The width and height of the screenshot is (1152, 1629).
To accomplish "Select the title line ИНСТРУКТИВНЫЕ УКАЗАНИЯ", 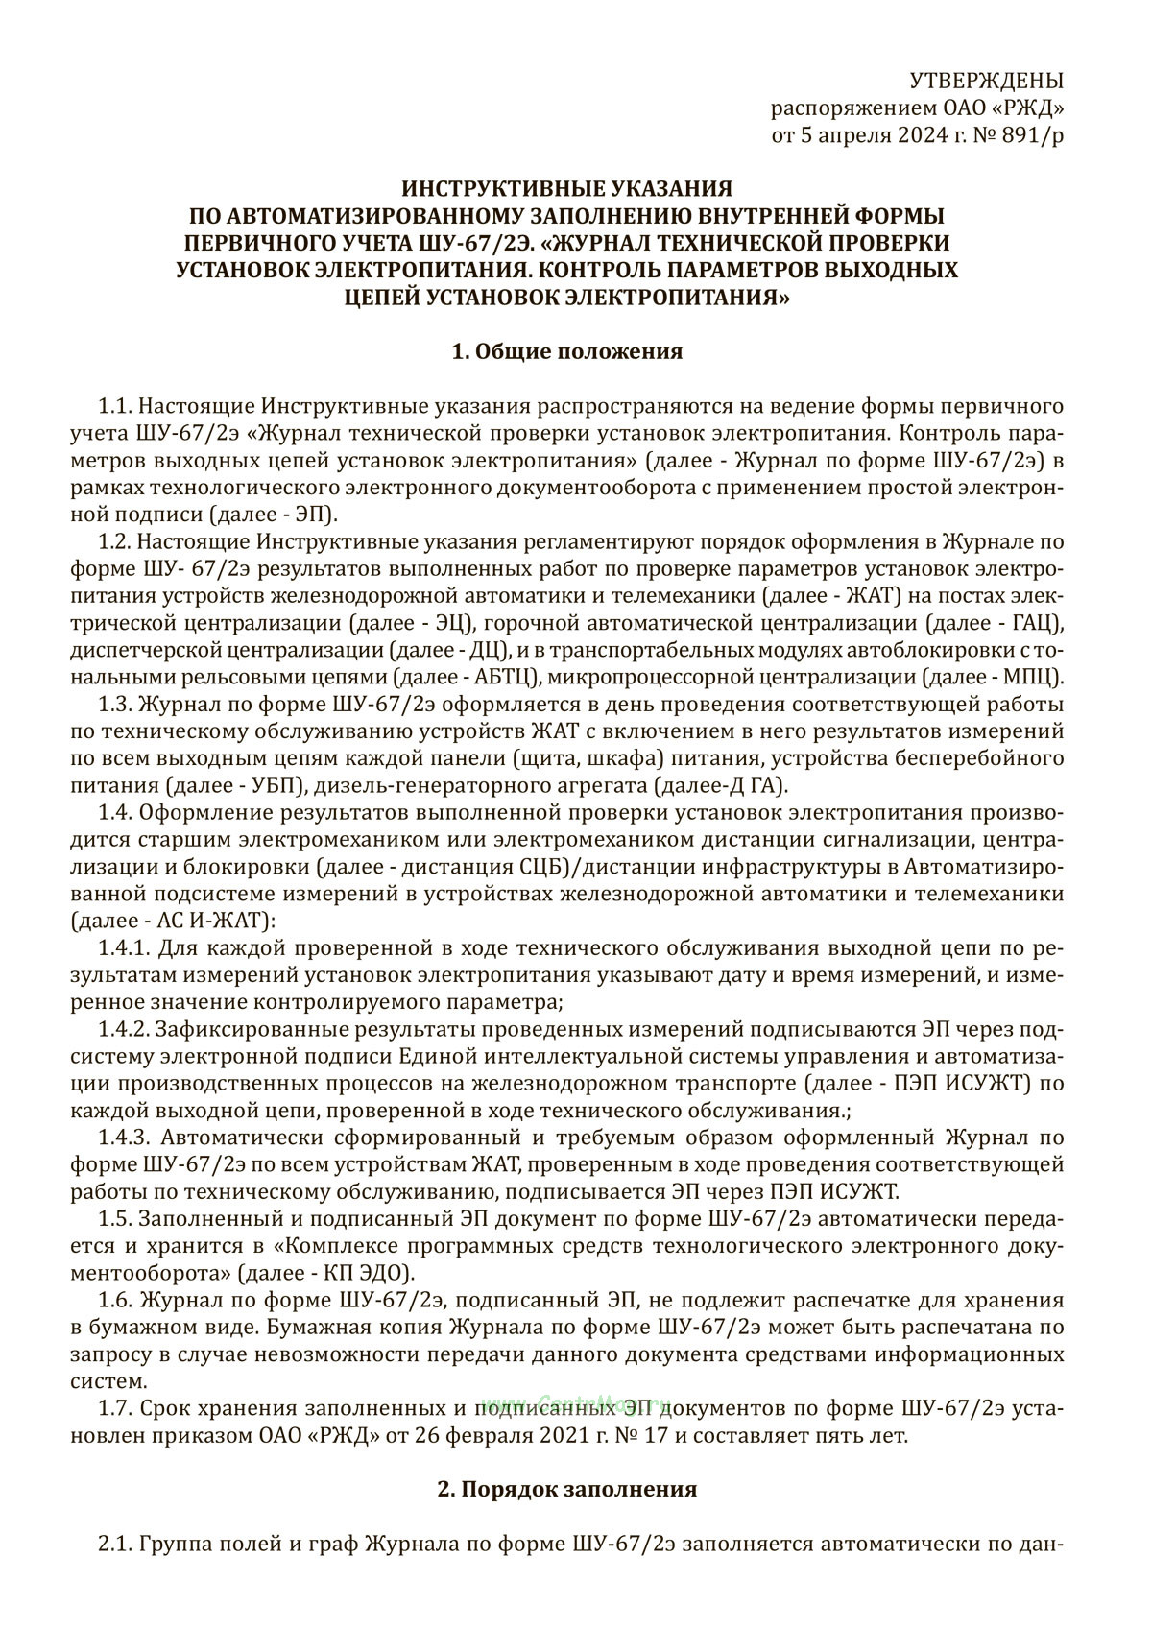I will click(566, 187).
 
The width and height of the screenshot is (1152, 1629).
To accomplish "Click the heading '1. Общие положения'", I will click(566, 351).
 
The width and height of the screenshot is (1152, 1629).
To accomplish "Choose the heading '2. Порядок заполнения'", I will click(566, 1489).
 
